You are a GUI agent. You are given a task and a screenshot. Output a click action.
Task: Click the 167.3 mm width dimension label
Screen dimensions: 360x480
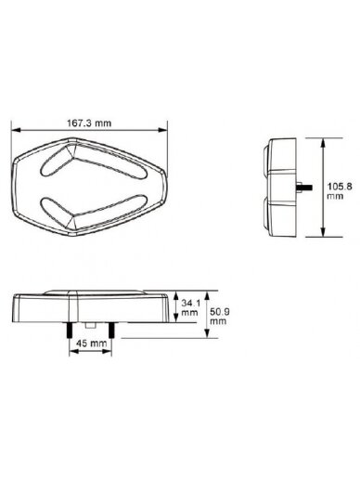(x=89, y=123)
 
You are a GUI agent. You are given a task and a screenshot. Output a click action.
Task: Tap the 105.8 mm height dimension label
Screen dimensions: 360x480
(x=340, y=191)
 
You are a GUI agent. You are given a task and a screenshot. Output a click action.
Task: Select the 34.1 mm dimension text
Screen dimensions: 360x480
(x=190, y=307)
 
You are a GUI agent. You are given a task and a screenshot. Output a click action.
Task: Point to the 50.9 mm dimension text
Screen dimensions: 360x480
(x=219, y=316)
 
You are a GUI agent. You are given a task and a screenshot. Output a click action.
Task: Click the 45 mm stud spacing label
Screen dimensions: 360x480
(x=91, y=343)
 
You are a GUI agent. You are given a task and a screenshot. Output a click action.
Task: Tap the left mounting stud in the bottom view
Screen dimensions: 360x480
(x=69, y=331)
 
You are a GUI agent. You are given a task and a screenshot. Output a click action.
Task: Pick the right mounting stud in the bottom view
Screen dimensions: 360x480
(x=111, y=331)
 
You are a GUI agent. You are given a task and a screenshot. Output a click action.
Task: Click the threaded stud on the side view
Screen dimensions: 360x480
(x=304, y=188)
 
